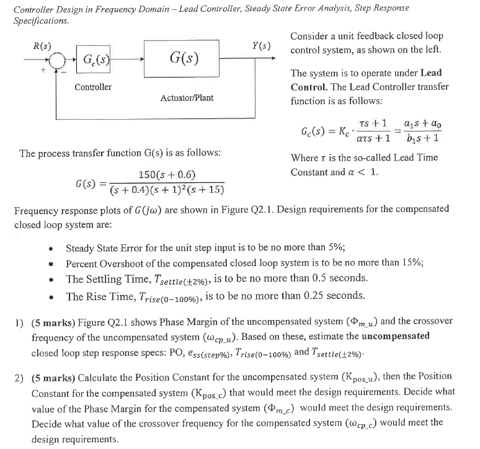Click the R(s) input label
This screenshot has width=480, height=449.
[42, 46]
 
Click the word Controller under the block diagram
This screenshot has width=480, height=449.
[93, 87]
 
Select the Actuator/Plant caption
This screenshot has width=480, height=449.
[187, 98]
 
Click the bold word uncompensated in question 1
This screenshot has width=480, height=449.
[394, 336]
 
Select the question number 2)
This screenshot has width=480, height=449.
[20, 376]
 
